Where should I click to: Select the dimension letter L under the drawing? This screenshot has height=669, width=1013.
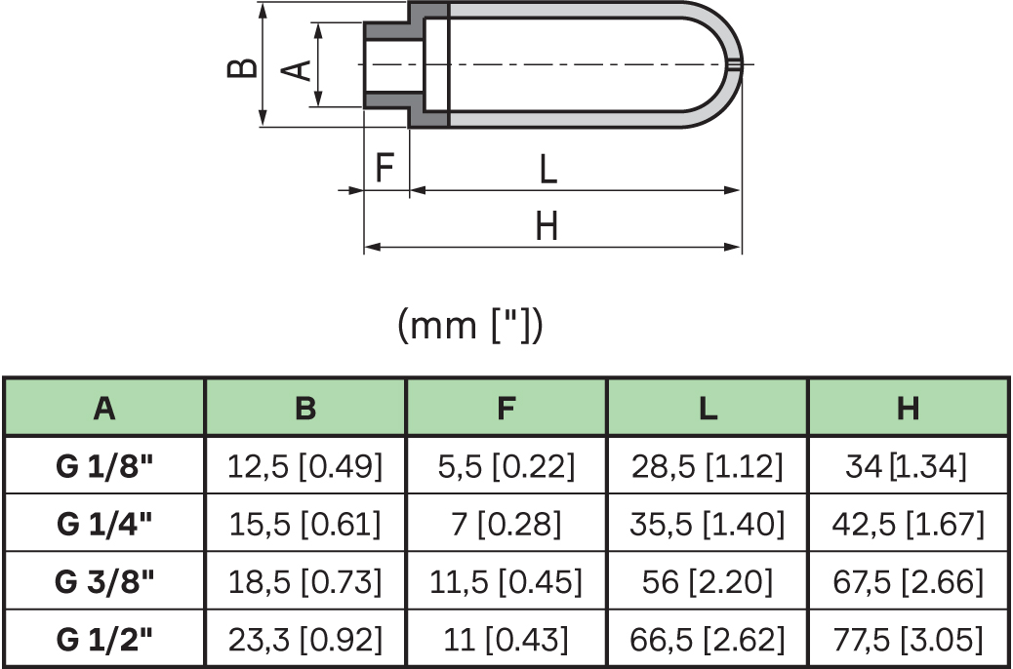tap(547, 170)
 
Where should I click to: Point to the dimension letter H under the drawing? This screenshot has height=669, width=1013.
tap(547, 227)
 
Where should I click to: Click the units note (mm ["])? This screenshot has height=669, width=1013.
tap(470, 326)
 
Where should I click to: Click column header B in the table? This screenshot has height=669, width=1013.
tap(305, 409)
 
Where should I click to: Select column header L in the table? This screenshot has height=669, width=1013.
tap(708, 409)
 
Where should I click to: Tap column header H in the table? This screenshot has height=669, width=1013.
tap(908, 409)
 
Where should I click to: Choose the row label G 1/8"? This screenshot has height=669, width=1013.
tap(105, 466)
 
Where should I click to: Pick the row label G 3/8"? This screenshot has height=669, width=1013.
tap(105, 582)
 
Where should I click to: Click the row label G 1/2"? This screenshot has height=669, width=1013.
tap(105, 640)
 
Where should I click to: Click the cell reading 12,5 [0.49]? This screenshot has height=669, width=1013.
tap(305, 466)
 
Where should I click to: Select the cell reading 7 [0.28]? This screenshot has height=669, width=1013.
tap(506, 525)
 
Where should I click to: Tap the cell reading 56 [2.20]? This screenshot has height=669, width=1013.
tap(708, 582)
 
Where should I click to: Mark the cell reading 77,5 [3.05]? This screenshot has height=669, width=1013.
tap(908, 640)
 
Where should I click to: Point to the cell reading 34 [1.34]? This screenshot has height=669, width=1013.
tap(908, 466)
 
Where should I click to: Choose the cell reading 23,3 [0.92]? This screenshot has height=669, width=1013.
tap(305, 640)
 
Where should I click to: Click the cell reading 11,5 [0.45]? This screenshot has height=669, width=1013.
tap(506, 582)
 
